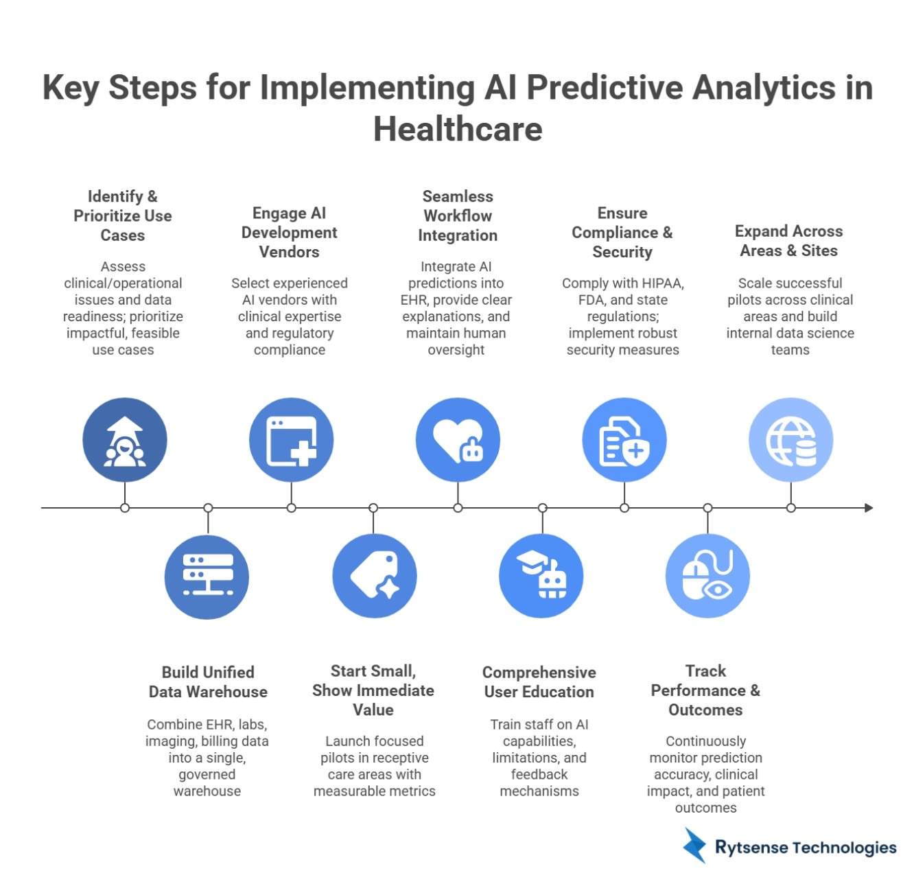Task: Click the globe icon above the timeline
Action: click(790, 440)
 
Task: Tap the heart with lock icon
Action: click(458, 440)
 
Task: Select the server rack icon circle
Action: click(207, 577)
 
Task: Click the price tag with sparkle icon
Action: click(374, 577)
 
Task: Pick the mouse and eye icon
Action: click(707, 577)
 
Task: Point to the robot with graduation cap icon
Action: click(541, 577)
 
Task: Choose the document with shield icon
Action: click(624, 440)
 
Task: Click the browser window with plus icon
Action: click(291, 440)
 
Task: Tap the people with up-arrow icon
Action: click(125, 440)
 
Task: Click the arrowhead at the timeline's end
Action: click(869, 508)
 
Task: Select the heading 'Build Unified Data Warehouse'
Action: click(208, 682)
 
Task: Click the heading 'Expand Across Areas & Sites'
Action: click(789, 241)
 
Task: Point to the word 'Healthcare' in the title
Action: click(458, 129)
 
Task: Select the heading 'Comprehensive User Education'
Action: click(539, 682)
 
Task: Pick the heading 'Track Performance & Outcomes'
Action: click(705, 690)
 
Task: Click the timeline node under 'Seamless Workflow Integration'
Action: click(458, 508)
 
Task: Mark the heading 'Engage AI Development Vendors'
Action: click(289, 233)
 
